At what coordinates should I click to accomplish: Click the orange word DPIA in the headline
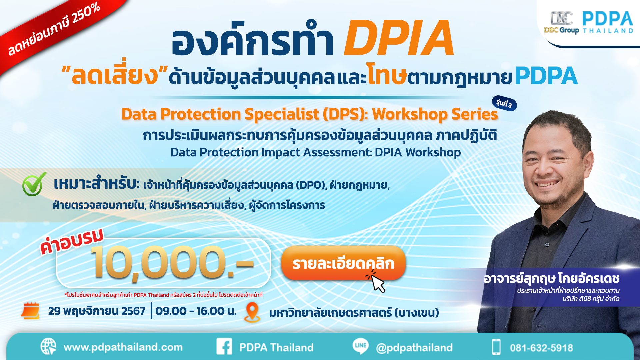pos(399,38)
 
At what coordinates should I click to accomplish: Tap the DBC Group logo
pos(561,23)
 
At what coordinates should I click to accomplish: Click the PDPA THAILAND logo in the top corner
pos(607,23)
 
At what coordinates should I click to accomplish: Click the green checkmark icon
pos(34,184)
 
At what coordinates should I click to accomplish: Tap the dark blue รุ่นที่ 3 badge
pos(504,104)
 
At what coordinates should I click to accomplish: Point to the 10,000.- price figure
pos(172,263)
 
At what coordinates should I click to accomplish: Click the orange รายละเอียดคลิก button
pos(343,263)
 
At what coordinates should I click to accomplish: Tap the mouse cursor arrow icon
pos(377,283)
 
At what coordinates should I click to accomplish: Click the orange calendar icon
pos(30,311)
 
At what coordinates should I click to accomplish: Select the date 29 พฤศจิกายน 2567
pos(97,311)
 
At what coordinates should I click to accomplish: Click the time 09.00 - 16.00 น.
pos(196,311)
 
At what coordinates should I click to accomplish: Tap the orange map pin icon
pos(252,312)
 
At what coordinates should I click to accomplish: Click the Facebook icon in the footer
pos(224,347)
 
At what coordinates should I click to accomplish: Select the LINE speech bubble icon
pos(361,346)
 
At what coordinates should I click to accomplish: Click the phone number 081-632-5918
pos(541,348)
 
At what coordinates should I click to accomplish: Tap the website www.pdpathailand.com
pos(123,347)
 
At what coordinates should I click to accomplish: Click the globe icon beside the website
pos(48,347)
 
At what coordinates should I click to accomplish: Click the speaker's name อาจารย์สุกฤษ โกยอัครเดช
pos(551,278)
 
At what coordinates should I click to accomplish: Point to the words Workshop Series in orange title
pos(435,114)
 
